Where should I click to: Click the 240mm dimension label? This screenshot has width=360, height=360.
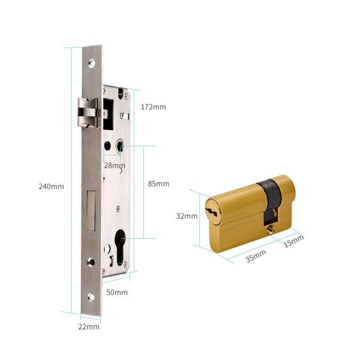click(51, 187)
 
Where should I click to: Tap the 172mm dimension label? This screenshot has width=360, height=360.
click(153, 107)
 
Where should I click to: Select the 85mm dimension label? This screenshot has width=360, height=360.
click(158, 184)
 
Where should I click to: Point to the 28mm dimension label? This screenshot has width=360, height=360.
click(115, 166)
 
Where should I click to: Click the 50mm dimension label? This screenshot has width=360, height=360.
click(117, 292)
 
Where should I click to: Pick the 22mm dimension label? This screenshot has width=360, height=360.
click(89, 327)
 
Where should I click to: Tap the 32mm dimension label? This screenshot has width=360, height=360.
click(187, 216)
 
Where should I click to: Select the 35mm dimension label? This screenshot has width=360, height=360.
click(256, 256)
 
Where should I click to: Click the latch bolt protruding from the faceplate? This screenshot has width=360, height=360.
click(88, 112)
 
